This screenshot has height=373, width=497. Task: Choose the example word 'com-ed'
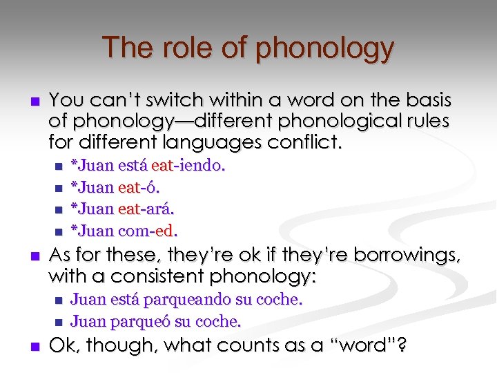150,229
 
